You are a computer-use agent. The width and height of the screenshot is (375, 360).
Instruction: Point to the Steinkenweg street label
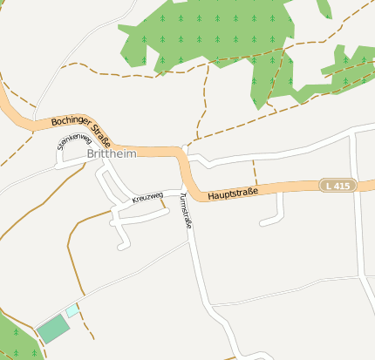(74, 141)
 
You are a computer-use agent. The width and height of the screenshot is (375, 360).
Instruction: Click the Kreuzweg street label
(147, 198)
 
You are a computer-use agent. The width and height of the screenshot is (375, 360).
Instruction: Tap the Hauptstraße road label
(237, 192)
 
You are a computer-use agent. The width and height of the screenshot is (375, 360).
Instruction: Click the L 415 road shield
(337, 186)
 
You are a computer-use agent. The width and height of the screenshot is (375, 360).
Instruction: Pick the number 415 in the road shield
(342, 186)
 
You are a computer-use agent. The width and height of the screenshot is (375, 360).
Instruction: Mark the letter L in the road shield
(328, 186)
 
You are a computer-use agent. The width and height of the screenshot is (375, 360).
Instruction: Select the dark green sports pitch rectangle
(52, 329)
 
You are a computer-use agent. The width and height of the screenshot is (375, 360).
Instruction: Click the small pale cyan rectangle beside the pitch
(72, 309)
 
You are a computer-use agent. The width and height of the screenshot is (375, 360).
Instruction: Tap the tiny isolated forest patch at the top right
(324, 8)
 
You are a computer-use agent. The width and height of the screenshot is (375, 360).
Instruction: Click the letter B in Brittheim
(91, 154)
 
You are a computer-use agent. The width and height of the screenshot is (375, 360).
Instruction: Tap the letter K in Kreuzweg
(134, 201)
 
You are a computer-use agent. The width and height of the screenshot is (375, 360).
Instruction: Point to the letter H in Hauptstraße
(211, 196)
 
